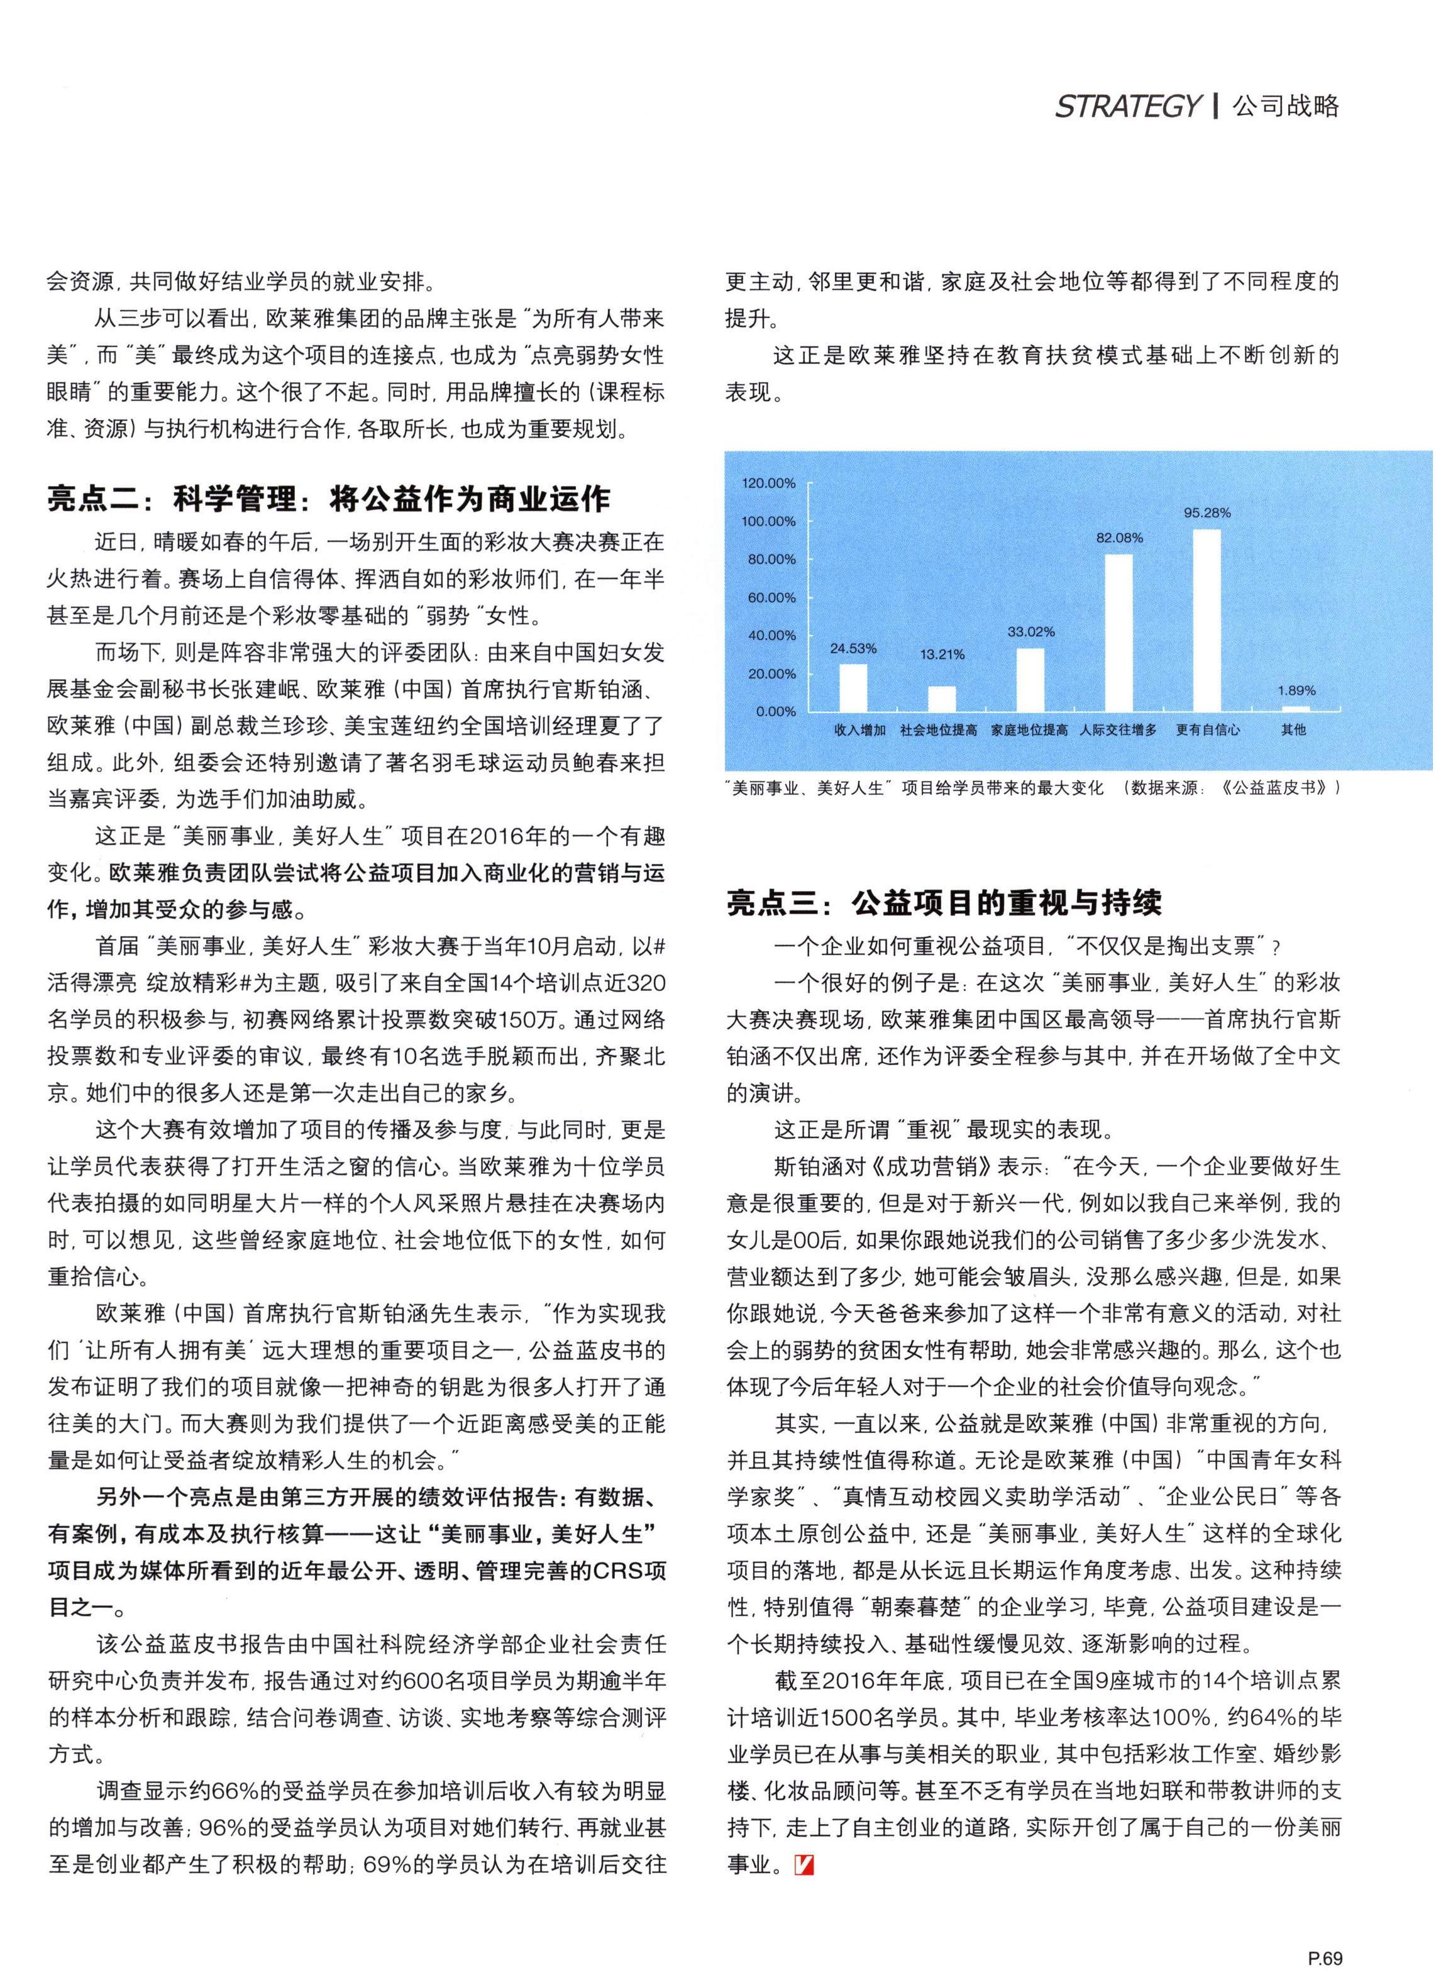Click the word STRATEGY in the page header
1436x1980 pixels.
click(x=1127, y=106)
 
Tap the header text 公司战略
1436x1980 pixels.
click(x=1285, y=106)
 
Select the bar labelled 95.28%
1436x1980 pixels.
click(x=1207, y=620)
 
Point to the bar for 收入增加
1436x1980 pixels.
click(x=853, y=687)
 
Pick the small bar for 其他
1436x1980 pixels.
click(x=1295, y=709)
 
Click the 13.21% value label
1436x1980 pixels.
click(x=942, y=655)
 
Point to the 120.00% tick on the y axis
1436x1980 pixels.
click(x=768, y=483)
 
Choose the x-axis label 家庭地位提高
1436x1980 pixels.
click(x=1029, y=730)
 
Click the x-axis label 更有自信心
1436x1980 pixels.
click(x=1207, y=730)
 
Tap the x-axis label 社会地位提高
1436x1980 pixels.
click(x=939, y=730)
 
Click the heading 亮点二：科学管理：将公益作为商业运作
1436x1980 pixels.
click(x=329, y=499)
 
